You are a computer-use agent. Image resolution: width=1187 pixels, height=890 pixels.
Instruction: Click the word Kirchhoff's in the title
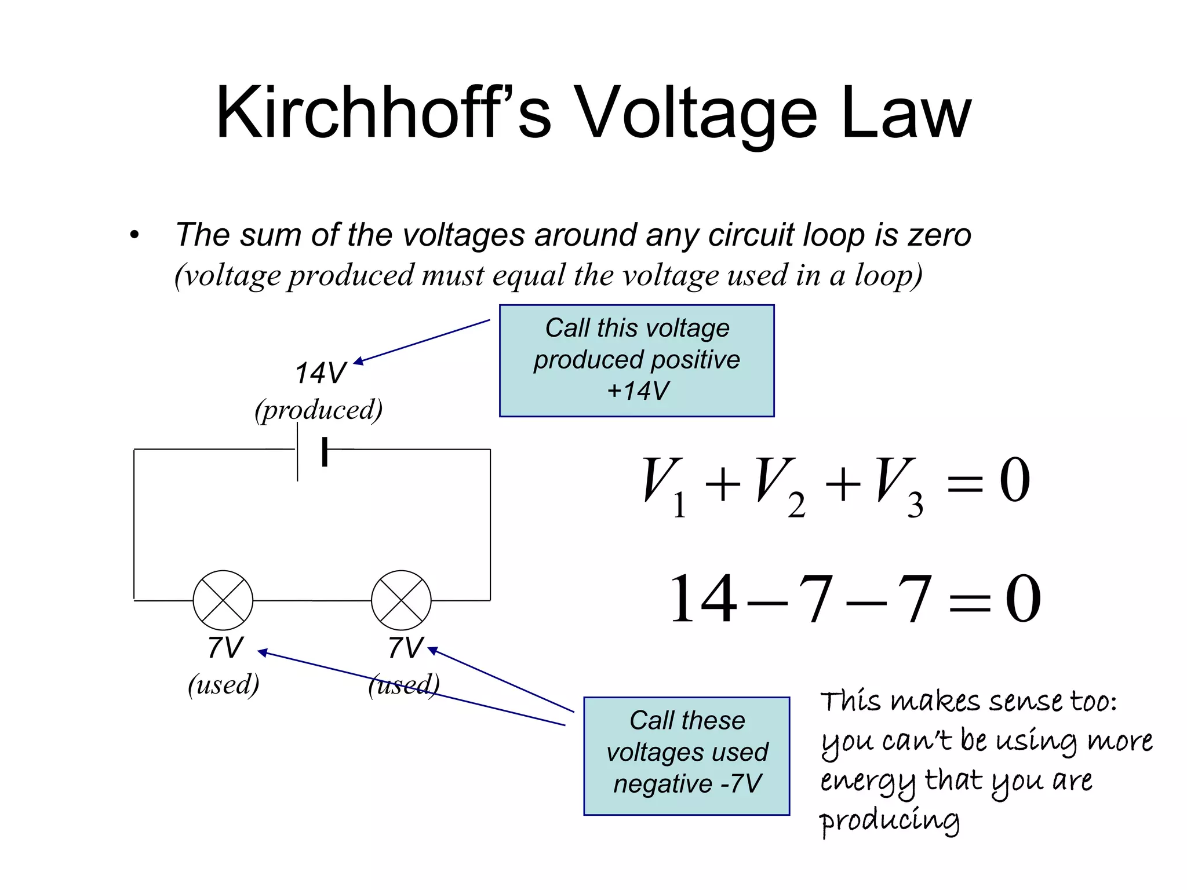pyautogui.click(x=383, y=113)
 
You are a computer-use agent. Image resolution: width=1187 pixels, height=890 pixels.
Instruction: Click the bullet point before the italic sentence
pyautogui.click(x=134, y=235)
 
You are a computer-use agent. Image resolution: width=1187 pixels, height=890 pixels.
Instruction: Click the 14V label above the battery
pyautogui.click(x=320, y=373)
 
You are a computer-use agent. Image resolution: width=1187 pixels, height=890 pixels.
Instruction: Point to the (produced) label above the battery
pyautogui.click(x=319, y=410)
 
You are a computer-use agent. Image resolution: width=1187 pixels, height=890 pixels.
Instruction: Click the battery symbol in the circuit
pyautogui.click(x=311, y=451)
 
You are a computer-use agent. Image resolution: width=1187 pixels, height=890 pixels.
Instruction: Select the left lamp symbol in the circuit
pyautogui.click(x=223, y=600)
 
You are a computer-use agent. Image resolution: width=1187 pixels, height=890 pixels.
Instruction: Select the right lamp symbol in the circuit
pyautogui.click(x=401, y=600)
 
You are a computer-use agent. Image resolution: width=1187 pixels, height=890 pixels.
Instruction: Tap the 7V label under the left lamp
pyautogui.click(x=225, y=648)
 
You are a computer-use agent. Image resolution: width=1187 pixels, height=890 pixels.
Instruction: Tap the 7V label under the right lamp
pyautogui.click(x=405, y=648)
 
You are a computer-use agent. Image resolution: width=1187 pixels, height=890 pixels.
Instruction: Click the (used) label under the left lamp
pyautogui.click(x=224, y=685)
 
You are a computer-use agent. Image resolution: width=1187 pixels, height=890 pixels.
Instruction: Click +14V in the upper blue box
pyautogui.click(x=638, y=391)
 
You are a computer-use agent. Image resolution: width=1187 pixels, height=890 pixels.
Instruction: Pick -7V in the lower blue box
pyautogui.click(x=741, y=784)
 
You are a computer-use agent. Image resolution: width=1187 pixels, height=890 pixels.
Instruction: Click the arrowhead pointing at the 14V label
pyautogui.click(x=358, y=362)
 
